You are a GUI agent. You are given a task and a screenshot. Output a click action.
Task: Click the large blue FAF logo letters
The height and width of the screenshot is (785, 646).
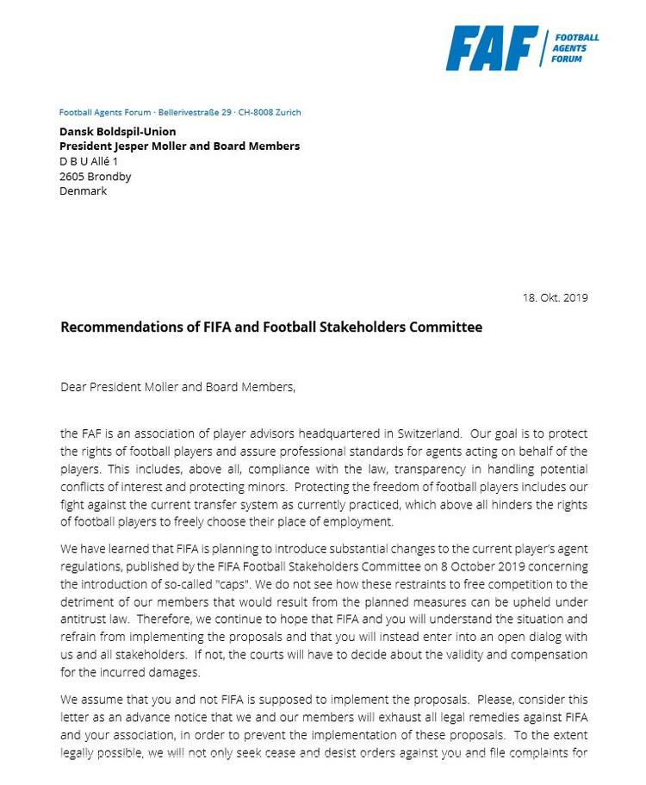[491, 48]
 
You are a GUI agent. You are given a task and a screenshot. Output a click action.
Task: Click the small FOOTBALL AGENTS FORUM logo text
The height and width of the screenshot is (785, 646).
[575, 48]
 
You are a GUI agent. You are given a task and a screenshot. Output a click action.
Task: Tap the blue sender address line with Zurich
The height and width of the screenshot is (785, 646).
[180, 112]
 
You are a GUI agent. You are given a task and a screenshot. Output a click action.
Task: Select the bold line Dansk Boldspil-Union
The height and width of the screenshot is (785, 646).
[117, 132]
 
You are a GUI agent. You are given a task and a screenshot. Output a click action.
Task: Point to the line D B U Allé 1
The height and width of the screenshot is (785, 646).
[89, 161]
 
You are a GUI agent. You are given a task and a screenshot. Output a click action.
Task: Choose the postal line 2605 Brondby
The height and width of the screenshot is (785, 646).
[96, 176]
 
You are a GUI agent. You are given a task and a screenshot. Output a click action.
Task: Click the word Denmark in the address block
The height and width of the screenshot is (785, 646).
[83, 190]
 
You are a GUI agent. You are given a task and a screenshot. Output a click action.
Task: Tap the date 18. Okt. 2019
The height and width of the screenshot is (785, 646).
[555, 298]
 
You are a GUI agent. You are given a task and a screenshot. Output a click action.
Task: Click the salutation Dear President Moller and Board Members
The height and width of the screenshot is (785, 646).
[178, 387]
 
